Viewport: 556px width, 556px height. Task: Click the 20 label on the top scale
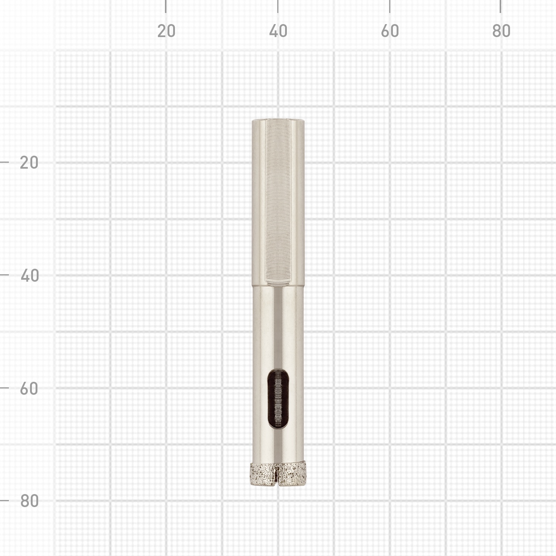(166, 31)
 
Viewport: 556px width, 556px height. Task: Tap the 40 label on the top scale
(278, 31)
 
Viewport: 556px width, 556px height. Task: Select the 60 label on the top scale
(390, 31)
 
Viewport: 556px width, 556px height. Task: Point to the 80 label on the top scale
(501, 31)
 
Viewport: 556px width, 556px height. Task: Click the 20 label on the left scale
(29, 163)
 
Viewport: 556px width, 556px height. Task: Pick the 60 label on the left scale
(29, 389)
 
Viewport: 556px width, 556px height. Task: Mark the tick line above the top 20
(166, 6)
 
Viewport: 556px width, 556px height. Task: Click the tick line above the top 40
(278, 6)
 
